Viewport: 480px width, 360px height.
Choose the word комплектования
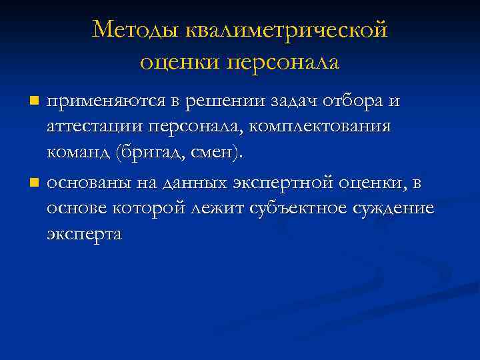point(323,127)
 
